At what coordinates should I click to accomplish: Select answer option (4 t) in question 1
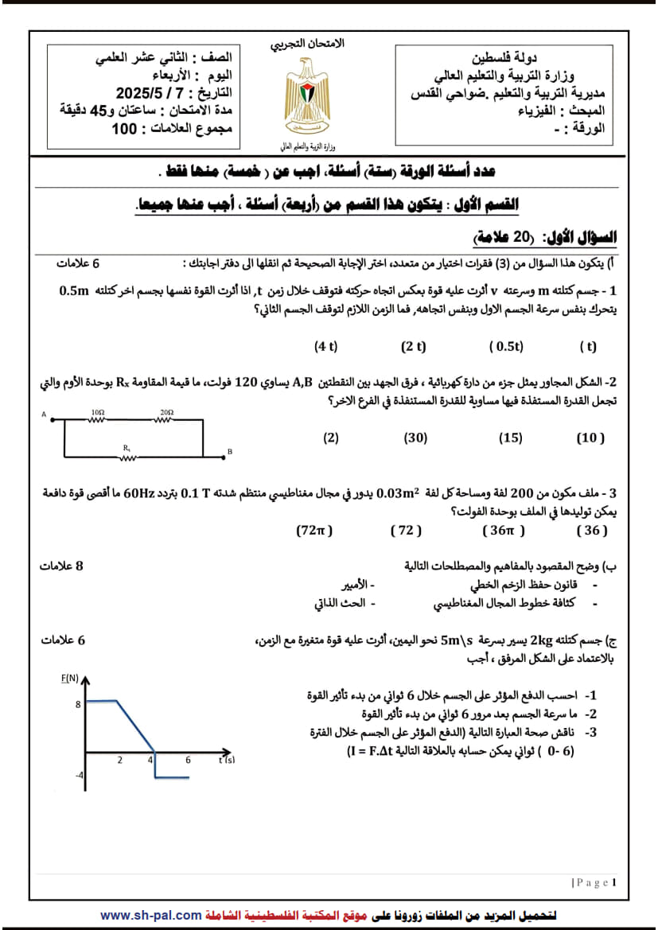326,346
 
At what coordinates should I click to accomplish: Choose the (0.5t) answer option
506,346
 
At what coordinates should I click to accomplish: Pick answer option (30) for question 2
415,438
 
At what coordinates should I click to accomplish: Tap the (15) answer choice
510,438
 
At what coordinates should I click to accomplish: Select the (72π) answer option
313,530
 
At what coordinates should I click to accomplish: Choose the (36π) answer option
504,530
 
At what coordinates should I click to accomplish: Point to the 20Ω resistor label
166,412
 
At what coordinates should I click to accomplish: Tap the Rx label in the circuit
127,448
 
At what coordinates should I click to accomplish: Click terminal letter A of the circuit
45,414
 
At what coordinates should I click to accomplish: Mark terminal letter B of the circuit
229,452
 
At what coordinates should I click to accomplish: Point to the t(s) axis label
227,761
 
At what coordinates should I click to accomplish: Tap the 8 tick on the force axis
78,704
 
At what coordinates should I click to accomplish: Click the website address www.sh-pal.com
151,916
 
